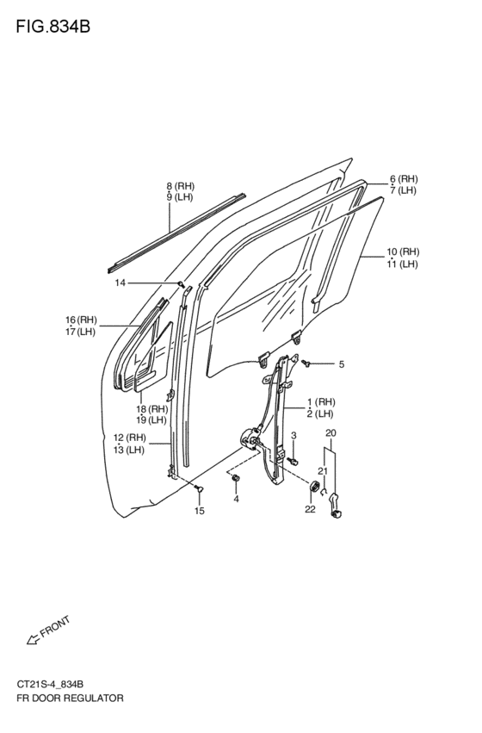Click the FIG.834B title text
tap(53, 27)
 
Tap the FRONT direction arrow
tap(34, 639)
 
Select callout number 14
tap(120, 283)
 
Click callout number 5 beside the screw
tap(342, 364)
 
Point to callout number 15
tap(200, 511)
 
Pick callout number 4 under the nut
tap(237, 499)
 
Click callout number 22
tap(310, 509)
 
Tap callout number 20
tap(331, 433)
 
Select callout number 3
tap(294, 436)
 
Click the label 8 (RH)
tap(180, 186)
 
